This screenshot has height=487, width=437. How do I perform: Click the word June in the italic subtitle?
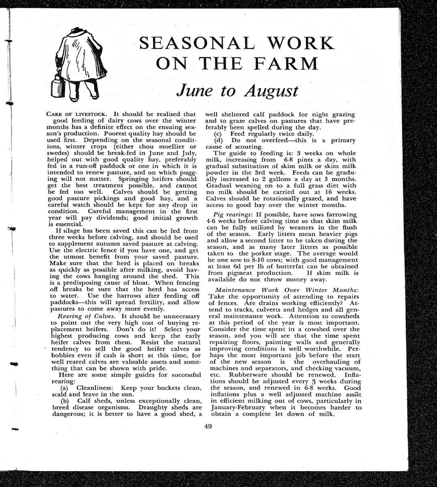coord(194,91)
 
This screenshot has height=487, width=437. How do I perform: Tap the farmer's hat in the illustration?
coord(76,31)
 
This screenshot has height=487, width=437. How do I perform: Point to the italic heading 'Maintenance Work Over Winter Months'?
coord(286,290)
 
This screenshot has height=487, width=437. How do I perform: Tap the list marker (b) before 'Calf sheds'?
coord(65,401)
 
